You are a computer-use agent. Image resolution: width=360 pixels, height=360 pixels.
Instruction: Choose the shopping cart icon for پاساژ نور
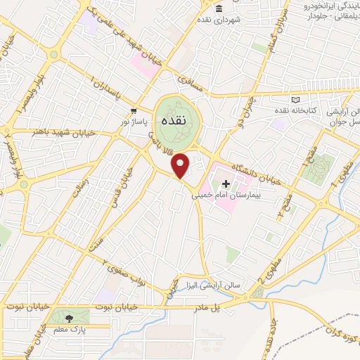134,111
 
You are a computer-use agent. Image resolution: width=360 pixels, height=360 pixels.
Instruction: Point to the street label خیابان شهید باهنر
58,131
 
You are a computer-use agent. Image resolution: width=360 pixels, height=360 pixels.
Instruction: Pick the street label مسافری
191,84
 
